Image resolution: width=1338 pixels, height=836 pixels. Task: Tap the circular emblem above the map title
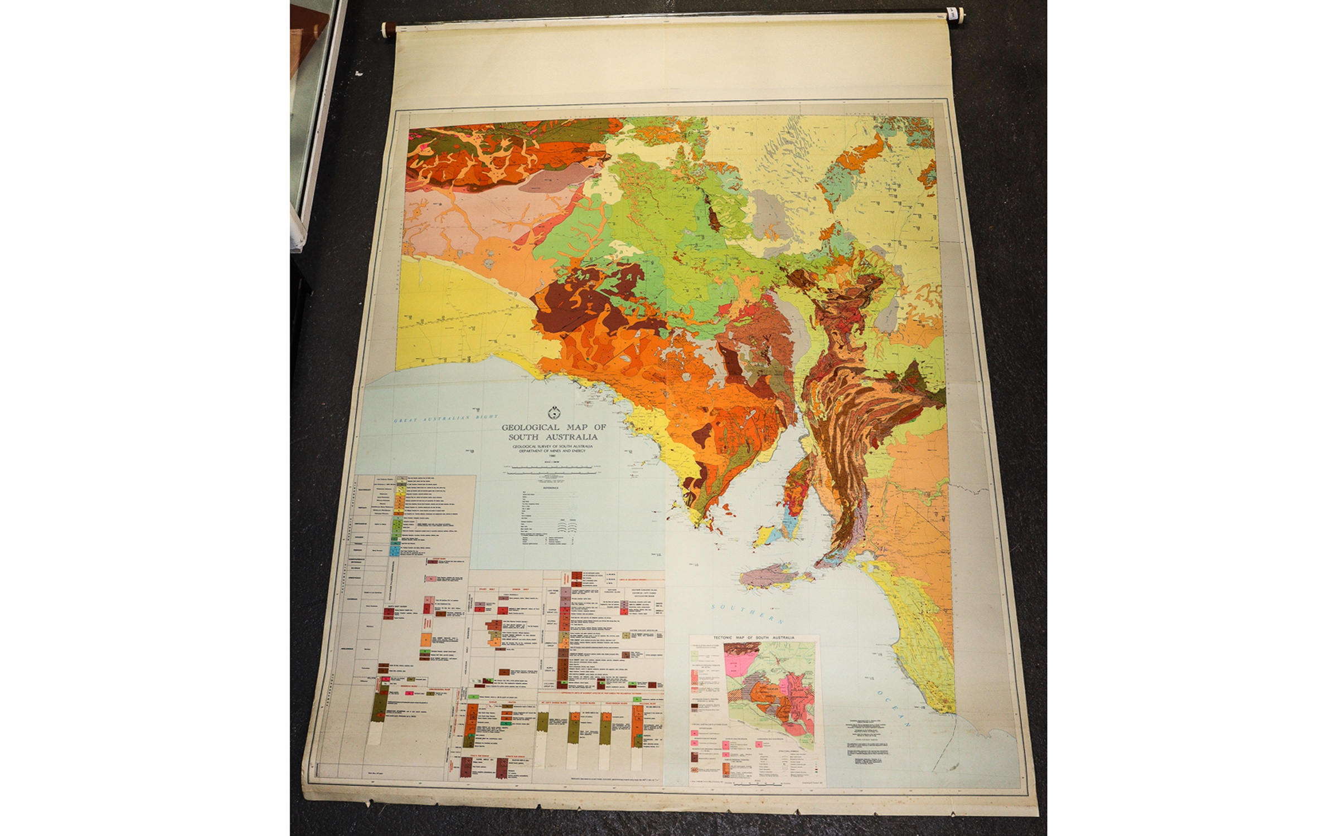554,413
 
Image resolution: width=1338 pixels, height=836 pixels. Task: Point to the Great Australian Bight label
445,418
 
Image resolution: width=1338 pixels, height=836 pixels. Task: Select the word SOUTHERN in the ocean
748,614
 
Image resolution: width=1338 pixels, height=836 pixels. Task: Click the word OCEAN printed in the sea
892,708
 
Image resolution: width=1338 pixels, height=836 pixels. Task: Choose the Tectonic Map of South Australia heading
754,637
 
